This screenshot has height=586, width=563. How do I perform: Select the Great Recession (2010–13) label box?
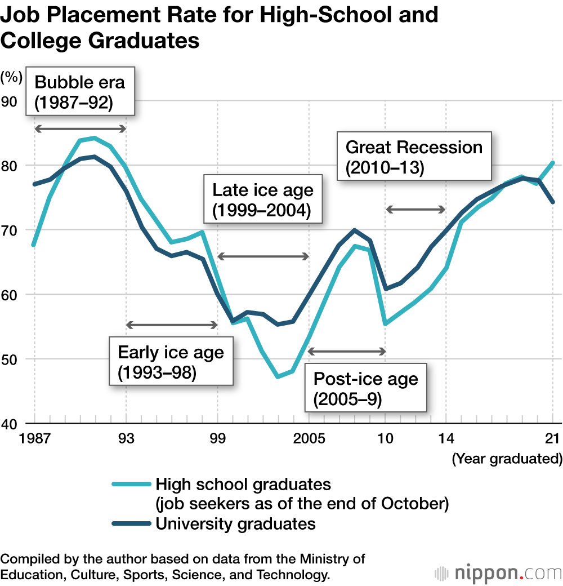(x=414, y=157)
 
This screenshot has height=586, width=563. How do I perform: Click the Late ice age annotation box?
(x=262, y=199)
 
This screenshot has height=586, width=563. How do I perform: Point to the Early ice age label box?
(x=171, y=362)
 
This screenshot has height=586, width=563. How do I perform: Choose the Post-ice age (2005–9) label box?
(x=365, y=388)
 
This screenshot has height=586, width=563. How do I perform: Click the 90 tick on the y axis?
(x=12, y=101)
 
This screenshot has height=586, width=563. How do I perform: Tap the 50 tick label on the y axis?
(x=12, y=359)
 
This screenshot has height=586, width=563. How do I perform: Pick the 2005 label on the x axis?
(x=309, y=438)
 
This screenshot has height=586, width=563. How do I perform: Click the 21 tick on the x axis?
(x=552, y=438)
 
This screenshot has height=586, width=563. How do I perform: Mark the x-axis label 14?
(x=445, y=438)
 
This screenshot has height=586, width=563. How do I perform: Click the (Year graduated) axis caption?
(x=507, y=459)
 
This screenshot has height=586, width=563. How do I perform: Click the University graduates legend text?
(x=235, y=523)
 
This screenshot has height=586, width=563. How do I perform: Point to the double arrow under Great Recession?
(x=415, y=210)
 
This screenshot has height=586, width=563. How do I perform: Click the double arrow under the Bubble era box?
(x=80, y=129)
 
